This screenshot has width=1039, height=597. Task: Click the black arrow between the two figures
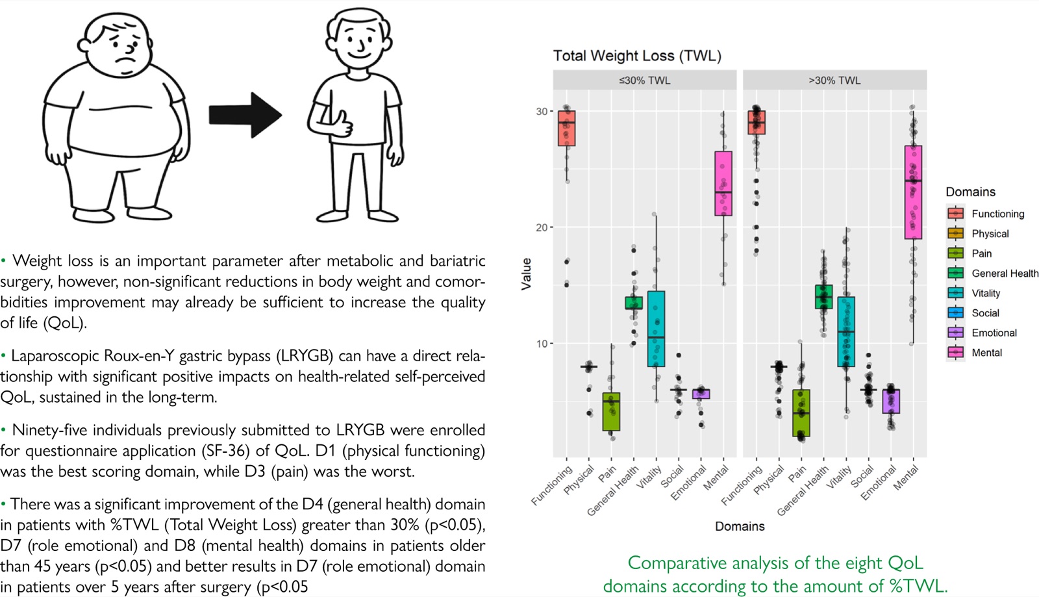[x=245, y=115]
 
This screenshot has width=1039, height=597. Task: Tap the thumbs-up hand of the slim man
[x=342, y=124]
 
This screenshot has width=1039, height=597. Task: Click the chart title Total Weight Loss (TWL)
[x=637, y=56]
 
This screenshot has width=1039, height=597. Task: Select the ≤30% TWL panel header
[x=644, y=81]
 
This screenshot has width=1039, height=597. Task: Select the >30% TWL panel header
[x=834, y=81]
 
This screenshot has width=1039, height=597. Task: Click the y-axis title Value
[x=526, y=274]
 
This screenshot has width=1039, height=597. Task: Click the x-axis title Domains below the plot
[x=740, y=526]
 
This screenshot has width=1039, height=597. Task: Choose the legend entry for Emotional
[x=981, y=333]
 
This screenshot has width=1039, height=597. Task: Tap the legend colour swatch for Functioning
[x=955, y=213]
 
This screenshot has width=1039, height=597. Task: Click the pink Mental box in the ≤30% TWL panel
[x=723, y=183]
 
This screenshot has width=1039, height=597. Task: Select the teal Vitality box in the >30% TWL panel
[x=846, y=332]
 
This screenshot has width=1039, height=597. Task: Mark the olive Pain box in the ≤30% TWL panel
[x=611, y=412]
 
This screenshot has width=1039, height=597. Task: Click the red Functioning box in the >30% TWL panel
[x=757, y=123]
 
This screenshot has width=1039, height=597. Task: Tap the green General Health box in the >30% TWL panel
[x=824, y=297]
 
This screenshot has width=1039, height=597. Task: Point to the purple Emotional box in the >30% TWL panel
[x=891, y=401]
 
